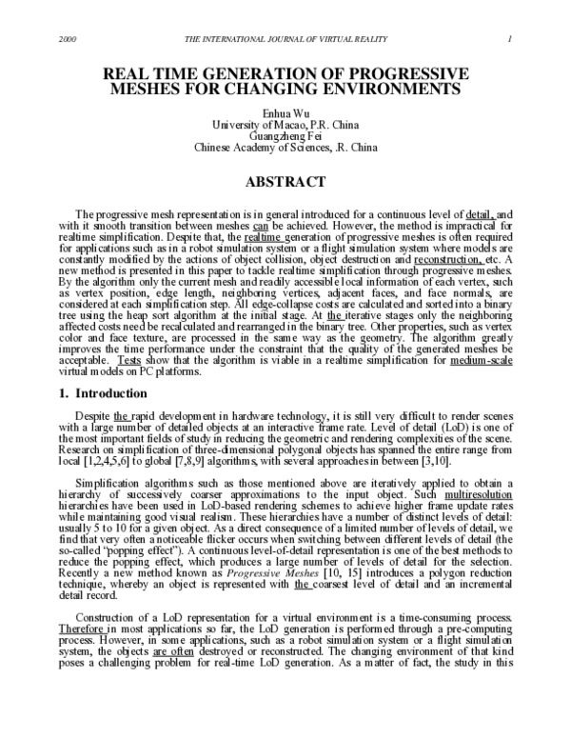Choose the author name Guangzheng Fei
point(286,136)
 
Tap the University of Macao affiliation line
point(286,125)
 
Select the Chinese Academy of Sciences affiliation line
point(286,148)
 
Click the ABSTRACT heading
point(286,181)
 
